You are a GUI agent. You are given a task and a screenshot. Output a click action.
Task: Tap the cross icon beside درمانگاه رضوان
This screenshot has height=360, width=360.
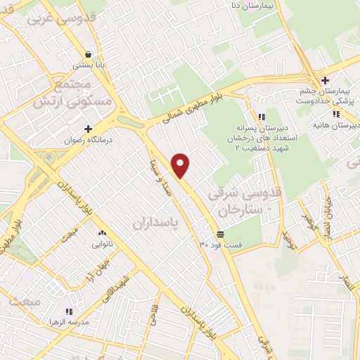(88, 129)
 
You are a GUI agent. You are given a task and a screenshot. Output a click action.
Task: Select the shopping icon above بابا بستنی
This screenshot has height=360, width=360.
(86, 54)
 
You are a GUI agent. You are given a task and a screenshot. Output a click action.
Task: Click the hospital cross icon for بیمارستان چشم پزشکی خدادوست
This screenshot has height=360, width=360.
(325, 80)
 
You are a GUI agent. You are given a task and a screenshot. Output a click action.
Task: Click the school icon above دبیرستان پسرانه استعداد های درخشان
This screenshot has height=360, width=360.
(262, 117)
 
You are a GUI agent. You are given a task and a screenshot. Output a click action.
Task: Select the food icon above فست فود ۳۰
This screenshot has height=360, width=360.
(221, 233)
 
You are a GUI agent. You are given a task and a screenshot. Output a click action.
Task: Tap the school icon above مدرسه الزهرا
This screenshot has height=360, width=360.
(68, 311)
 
